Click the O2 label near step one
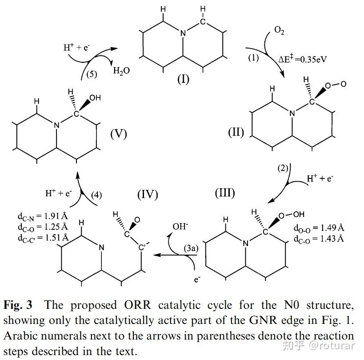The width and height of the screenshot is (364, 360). click(279, 31)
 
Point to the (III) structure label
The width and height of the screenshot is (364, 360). click(225, 193)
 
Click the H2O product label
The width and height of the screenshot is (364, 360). click(121, 70)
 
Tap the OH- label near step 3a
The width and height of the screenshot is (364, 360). click(180, 226)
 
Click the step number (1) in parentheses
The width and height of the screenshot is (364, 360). click(253, 58)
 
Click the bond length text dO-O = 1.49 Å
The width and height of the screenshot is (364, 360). click(319, 228)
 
